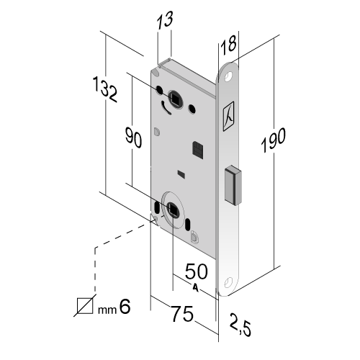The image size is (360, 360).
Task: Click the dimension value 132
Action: pos(105,89)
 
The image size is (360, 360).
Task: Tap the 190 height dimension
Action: pos(273,140)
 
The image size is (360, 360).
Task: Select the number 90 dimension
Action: pos(133,138)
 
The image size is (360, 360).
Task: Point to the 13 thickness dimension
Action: pos(165,20)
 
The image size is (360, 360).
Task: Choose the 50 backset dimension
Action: pos(197,271)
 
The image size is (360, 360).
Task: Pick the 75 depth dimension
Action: pos(182,313)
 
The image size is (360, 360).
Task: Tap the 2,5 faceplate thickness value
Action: pos(240,324)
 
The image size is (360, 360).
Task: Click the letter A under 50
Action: pos(196,288)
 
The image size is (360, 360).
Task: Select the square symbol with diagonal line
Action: pos(85,306)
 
